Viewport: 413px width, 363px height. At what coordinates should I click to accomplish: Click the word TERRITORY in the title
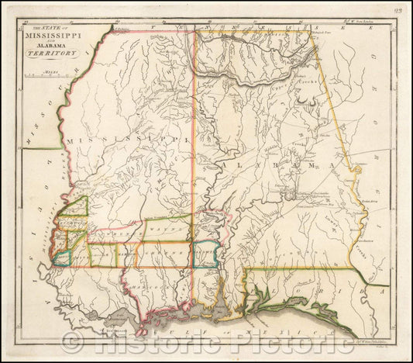point(46,54)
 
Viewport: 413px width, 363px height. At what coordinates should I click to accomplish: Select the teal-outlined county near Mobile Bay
point(204,254)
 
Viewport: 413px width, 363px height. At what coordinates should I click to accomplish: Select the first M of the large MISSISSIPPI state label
point(70,139)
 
